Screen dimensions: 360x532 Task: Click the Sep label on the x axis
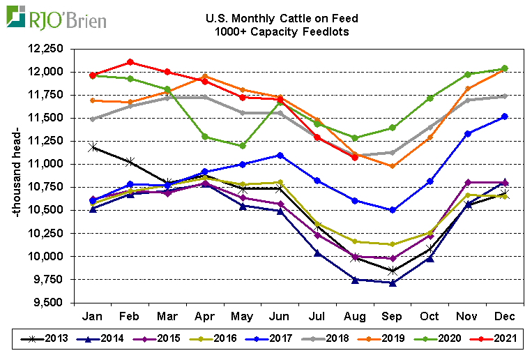(x=392, y=316)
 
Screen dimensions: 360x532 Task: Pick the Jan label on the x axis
(x=92, y=316)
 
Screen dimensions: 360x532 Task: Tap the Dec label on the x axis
(x=505, y=316)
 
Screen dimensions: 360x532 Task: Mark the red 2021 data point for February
(x=130, y=62)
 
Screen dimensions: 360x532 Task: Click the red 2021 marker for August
(x=355, y=157)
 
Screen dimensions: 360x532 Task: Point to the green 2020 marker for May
(x=242, y=146)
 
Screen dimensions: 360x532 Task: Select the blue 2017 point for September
(x=392, y=210)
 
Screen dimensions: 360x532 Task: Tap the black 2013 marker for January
(x=92, y=147)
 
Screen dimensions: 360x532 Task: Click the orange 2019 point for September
(x=392, y=166)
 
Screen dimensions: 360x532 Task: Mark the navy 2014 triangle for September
(x=392, y=283)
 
